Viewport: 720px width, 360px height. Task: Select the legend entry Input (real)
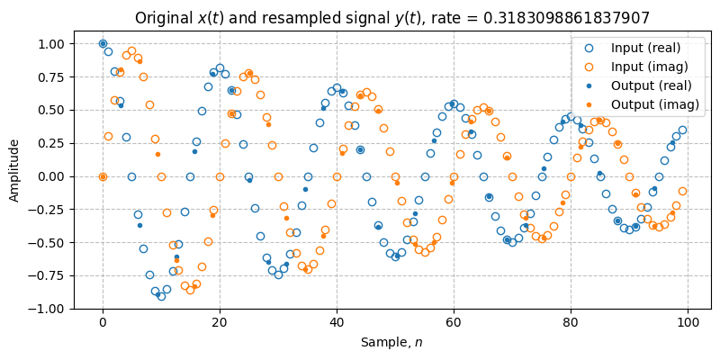point(644,47)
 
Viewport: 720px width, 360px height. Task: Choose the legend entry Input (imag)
point(645,66)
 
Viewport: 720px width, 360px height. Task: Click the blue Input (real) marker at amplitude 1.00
point(103,43)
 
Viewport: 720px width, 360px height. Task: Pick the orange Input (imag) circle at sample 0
point(103,176)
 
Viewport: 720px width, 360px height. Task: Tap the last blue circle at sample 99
point(682,130)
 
